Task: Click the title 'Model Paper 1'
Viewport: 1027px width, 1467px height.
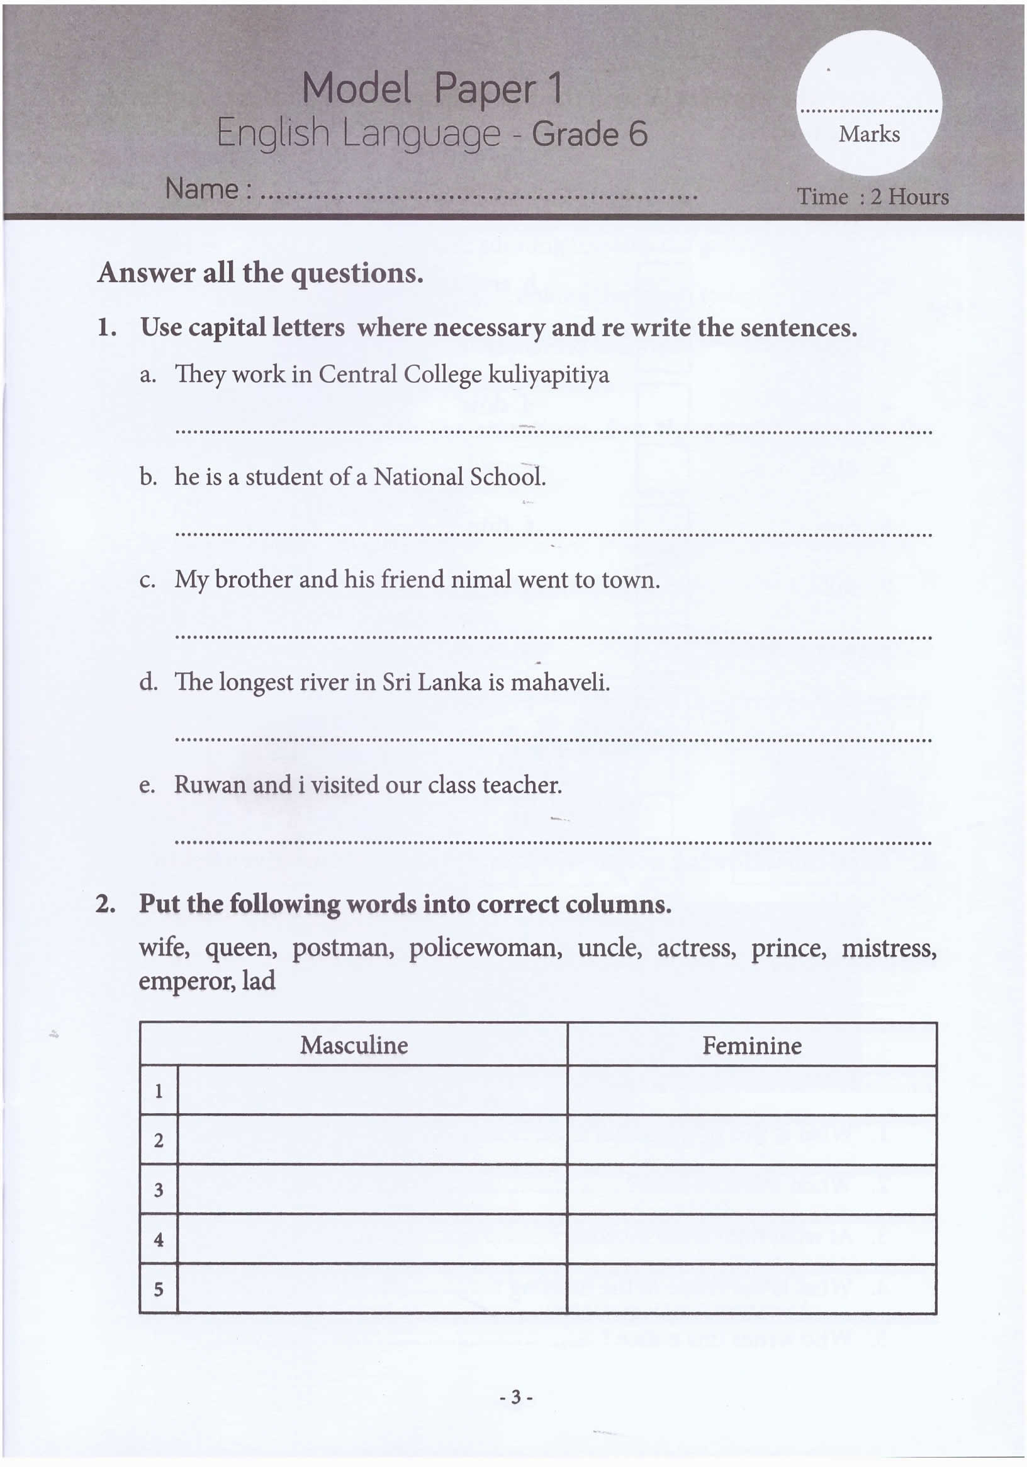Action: (432, 88)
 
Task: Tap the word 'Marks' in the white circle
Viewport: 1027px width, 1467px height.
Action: (868, 134)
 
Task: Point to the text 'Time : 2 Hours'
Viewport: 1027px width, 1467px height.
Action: (872, 196)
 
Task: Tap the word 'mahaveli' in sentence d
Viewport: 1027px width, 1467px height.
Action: (559, 683)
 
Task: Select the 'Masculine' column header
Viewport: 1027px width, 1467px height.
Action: (354, 1045)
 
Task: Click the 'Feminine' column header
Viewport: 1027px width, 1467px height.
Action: (752, 1045)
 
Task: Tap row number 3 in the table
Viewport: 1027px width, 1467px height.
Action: (159, 1190)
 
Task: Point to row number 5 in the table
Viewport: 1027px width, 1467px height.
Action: (159, 1289)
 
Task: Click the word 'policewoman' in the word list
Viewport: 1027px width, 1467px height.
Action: (485, 948)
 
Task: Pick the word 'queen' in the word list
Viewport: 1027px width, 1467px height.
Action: (241, 948)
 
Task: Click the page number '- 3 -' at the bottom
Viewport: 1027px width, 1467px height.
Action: (516, 1397)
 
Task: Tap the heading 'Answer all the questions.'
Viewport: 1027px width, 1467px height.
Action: (260, 273)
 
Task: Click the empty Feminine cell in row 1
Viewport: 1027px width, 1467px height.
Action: (752, 1090)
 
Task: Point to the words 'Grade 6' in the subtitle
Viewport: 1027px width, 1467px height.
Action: (590, 134)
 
